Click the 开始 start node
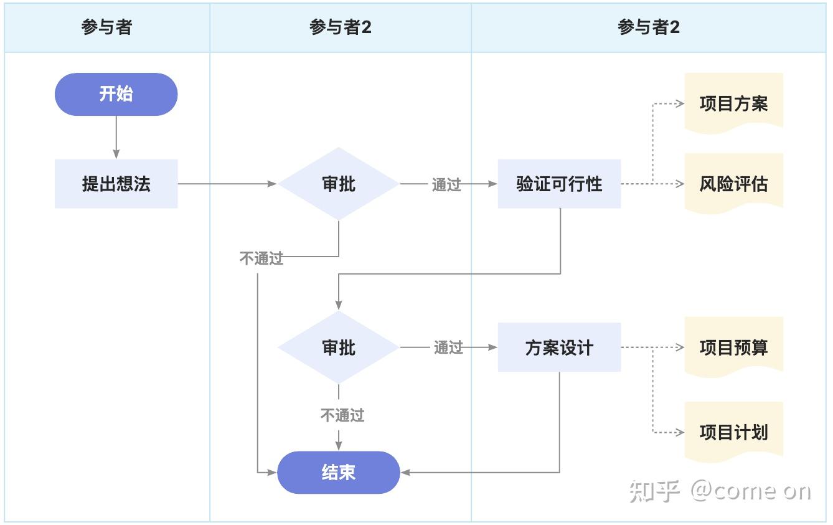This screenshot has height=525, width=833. tap(116, 94)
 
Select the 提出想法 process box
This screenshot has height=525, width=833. tap(116, 184)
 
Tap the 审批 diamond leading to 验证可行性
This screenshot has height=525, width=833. tap(338, 184)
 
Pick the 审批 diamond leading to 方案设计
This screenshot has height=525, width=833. tap(338, 348)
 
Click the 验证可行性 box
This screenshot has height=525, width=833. tap(559, 184)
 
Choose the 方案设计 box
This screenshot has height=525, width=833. tap(559, 348)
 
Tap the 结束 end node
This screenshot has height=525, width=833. tap(338, 473)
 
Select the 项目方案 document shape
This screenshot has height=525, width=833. tap(733, 103)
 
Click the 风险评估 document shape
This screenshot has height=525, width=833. tap(733, 184)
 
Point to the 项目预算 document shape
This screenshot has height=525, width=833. tap(733, 348)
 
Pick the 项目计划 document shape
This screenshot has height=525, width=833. tap(733, 432)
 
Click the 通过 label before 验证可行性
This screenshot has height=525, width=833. tap(446, 184)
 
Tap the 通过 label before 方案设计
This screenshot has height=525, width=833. tap(448, 348)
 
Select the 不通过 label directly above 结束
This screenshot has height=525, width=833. tap(342, 415)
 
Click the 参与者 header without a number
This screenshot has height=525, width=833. tap(106, 27)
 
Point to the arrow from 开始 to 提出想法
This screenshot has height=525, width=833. tap(116, 138)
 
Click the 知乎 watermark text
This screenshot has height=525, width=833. tap(653, 491)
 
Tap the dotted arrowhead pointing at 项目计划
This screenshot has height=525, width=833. tap(680, 432)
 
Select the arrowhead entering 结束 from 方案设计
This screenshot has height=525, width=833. tap(405, 473)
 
